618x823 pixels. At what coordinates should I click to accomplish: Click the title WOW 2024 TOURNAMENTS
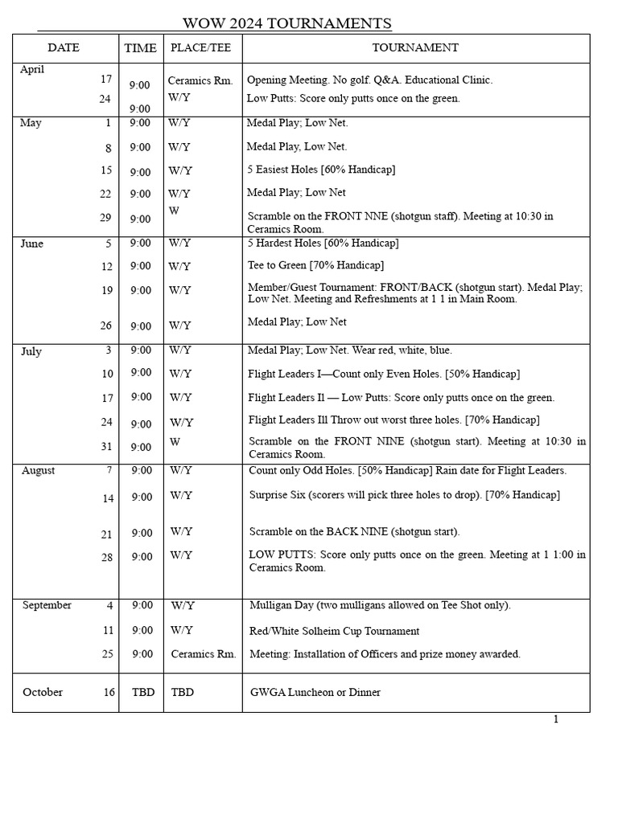point(287,23)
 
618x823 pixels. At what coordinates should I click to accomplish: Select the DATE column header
point(64,47)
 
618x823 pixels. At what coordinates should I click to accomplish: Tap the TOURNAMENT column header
point(415,47)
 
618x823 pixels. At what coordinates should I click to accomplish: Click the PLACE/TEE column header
point(200,47)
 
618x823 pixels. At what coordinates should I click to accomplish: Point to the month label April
point(32,69)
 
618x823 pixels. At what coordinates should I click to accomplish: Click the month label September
point(47,605)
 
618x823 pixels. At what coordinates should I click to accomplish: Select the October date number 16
point(109,692)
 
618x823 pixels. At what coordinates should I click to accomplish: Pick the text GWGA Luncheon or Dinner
point(315,692)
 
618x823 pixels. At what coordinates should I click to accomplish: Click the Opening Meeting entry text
point(369,80)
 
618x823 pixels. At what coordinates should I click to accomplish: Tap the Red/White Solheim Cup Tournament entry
point(334,632)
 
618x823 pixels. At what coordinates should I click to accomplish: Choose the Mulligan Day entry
point(380,605)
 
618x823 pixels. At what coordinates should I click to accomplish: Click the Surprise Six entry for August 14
point(404,495)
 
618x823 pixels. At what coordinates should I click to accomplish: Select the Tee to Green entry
point(315,265)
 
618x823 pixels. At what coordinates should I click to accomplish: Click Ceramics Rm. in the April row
point(200,80)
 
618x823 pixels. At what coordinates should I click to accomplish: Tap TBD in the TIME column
point(143,692)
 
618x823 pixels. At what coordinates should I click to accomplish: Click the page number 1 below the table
point(555,719)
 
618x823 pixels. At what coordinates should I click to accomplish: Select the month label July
point(31,351)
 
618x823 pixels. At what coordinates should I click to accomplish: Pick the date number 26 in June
point(107,326)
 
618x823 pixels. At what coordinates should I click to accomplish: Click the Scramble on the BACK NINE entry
point(354,532)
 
